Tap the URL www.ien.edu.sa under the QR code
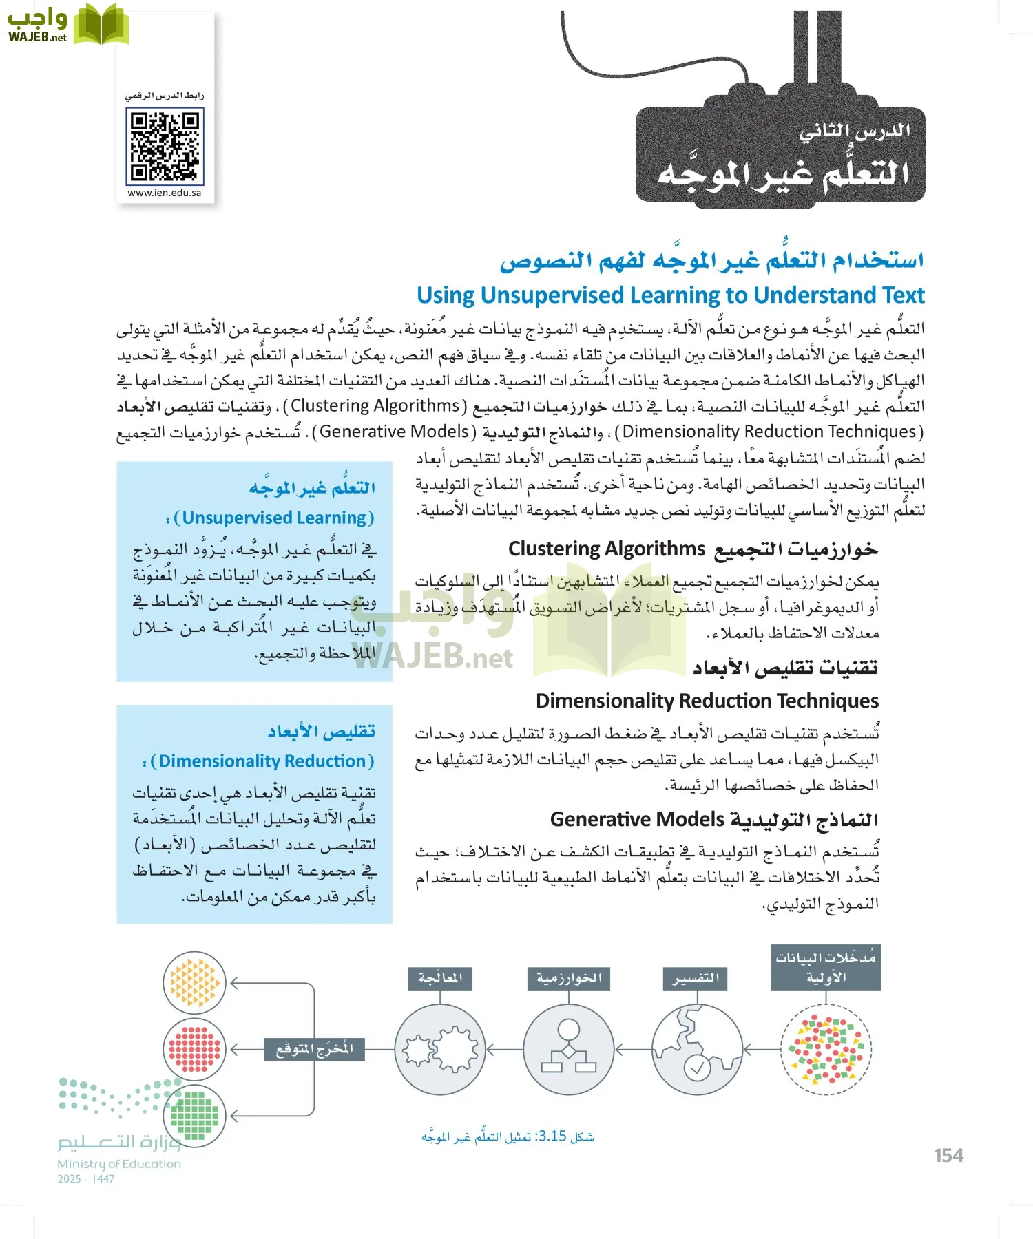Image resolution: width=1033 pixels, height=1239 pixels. coord(165,193)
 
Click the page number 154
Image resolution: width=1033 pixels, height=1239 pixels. coord(948,1156)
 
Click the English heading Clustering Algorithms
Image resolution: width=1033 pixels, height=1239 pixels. coord(607,549)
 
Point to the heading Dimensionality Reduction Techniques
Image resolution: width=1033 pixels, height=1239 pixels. coord(707,701)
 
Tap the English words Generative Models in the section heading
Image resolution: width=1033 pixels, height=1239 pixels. coord(637,819)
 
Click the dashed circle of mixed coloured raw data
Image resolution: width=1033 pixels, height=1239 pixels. coord(826,1050)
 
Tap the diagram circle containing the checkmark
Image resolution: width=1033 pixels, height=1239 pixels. coord(697,1050)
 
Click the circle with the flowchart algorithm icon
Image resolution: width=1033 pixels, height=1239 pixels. coord(568,1050)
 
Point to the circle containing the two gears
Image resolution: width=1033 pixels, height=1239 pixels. coord(440,1050)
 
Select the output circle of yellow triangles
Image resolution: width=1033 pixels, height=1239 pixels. coord(194,983)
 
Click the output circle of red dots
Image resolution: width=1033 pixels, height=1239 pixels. coord(194,1050)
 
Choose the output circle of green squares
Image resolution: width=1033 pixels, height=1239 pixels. coord(194,1115)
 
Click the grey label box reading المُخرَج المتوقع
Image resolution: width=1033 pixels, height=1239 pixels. coord(315,1049)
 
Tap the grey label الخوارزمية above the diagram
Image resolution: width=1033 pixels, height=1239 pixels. coord(568,978)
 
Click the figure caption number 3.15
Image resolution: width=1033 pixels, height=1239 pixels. coord(552,1136)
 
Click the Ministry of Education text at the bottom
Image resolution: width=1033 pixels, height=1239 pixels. coord(119,1164)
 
